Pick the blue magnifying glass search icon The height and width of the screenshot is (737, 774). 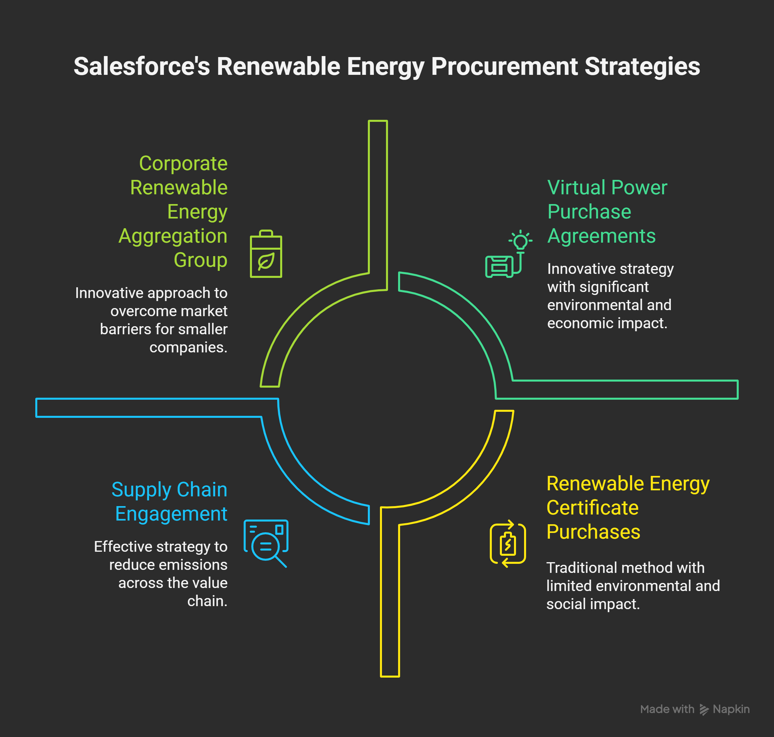pos(266,543)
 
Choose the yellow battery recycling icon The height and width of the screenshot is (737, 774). pos(508,544)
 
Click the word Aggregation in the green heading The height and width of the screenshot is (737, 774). pos(173,236)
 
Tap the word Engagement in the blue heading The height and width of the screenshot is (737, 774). pos(171,514)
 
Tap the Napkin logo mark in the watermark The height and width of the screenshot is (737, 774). pos(704,709)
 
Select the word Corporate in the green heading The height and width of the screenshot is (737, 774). pos(183,163)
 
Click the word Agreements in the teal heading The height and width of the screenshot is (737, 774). pos(601,236)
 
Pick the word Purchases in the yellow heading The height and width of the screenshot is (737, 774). pos(593,532)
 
